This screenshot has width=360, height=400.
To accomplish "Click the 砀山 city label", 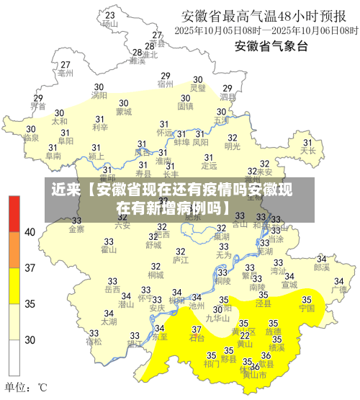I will point(110,23).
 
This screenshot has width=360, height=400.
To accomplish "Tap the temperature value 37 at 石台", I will point(196,329).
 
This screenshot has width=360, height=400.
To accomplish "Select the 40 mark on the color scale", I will point(30,232).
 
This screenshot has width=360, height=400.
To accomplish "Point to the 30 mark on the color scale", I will point(30,339).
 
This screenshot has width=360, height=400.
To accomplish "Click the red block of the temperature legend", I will point(14,213).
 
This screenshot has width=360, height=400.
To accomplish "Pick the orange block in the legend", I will point(14,249).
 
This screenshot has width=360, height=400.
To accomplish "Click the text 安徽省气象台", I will point(271,47).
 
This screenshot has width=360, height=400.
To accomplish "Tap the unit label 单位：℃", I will point(27,387).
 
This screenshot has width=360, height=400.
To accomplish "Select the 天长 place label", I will point(308,151).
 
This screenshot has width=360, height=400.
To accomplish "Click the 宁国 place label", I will point(307,308).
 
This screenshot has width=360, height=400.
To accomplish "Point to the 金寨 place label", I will point(76,229).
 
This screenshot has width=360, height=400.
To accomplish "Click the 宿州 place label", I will point(166,84).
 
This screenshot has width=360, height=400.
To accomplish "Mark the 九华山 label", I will point(217,317).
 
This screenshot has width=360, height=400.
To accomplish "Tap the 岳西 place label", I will point(112,290).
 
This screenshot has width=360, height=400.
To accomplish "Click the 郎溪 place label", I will point(321,267).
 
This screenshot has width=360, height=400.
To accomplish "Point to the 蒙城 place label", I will point(124,112).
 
